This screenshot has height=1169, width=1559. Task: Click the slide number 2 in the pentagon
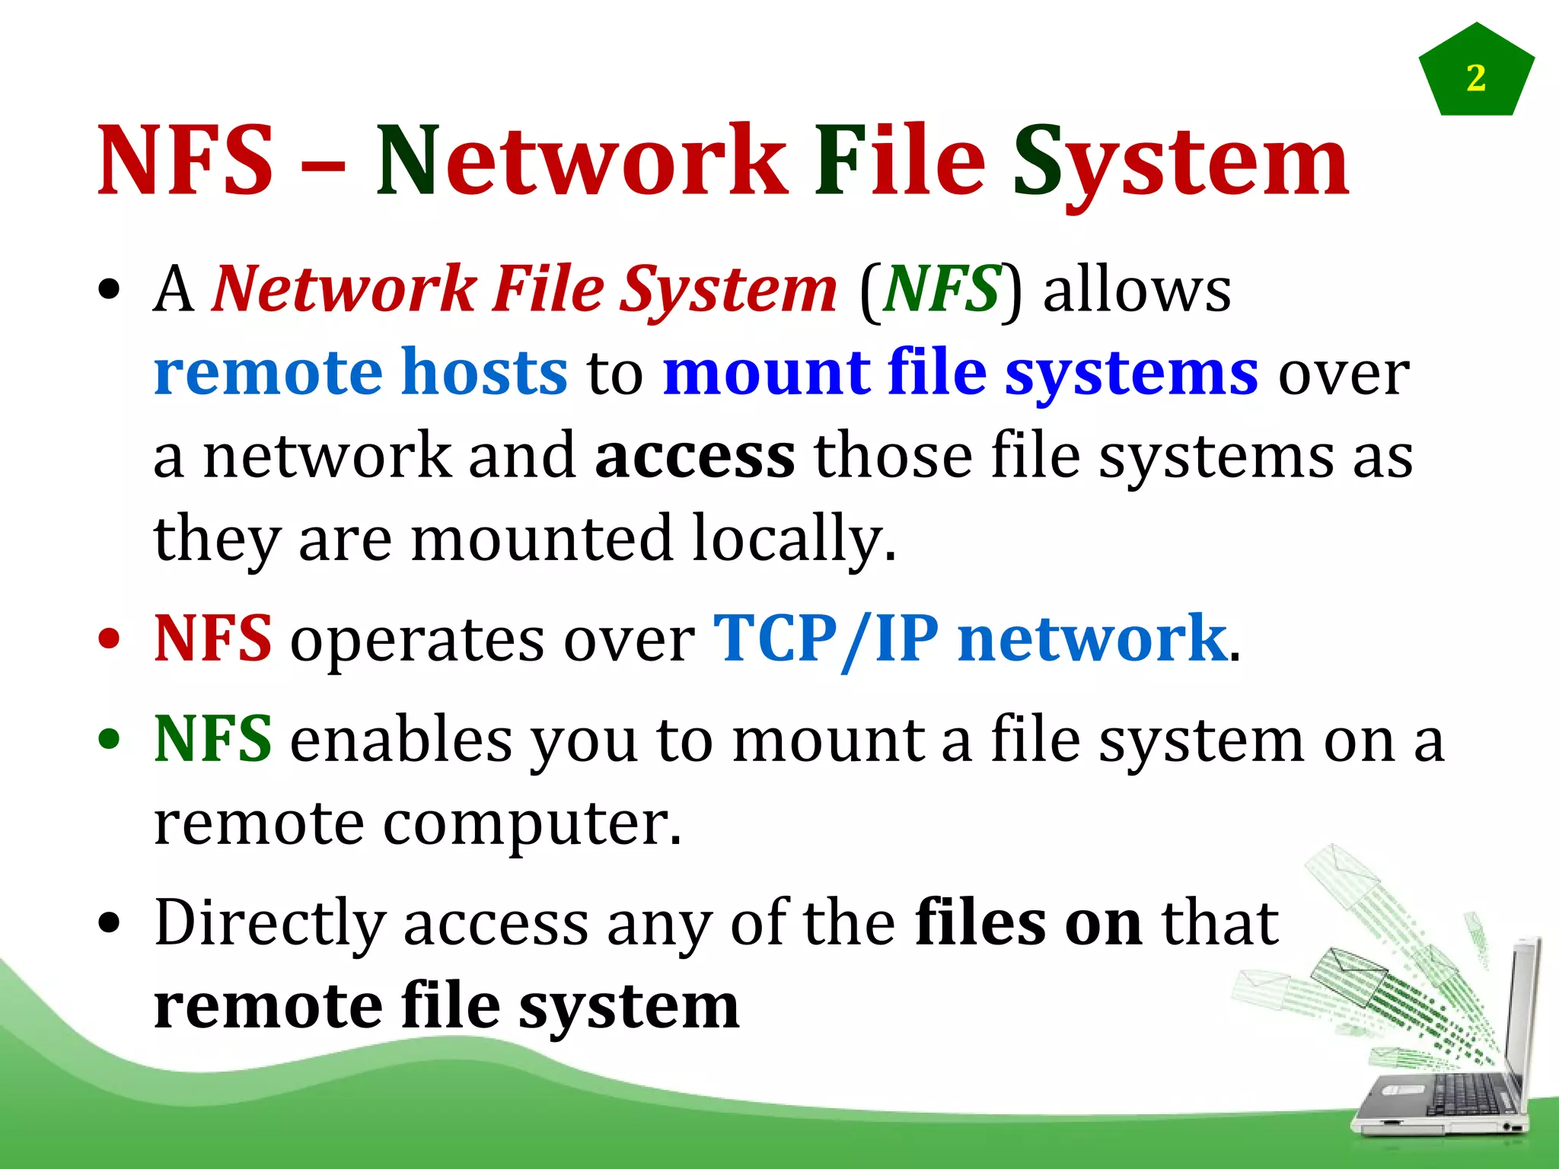click(1475, 78)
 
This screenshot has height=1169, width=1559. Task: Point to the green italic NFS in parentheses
click(941, 290)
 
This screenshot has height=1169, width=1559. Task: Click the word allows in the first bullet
click(1137, 290)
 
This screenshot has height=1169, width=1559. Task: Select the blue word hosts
click(484, 372)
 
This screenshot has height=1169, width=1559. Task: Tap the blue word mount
click(766, 372)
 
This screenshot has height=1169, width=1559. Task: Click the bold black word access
click(695, 456)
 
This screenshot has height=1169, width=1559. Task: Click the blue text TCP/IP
click(825, 639)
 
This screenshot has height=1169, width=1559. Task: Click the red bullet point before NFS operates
click(110, 639)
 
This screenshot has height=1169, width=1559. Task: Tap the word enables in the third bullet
click(401, 740)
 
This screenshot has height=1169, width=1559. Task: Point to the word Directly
click(269, 923)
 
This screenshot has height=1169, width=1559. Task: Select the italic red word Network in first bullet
click(344, 290)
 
